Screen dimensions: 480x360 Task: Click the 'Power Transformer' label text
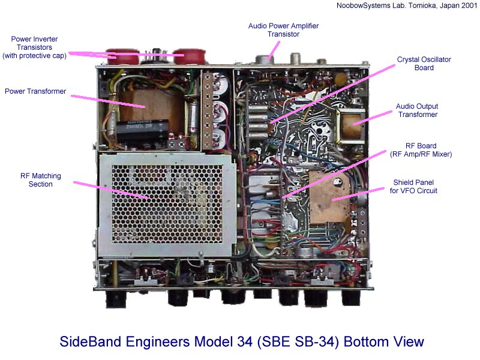(35, 91)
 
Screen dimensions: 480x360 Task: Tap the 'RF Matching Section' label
(41, 180)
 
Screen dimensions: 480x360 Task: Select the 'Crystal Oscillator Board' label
(424, 64)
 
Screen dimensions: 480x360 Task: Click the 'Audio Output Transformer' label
(417, 110)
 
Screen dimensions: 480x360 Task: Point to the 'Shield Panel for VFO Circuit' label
(413, 187)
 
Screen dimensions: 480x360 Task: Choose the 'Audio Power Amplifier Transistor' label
(283, 29)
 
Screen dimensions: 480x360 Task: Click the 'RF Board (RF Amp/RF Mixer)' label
(421, 149)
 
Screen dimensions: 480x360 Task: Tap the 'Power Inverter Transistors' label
(34, 47)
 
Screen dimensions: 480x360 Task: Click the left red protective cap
(122, 56)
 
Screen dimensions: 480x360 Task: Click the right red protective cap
(190, 56)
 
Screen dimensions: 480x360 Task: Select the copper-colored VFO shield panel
(329, 197)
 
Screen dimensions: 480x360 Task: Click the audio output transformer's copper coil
(352, 126)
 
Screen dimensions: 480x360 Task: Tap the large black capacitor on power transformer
(142, 130)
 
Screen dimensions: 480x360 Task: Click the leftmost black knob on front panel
(116, 299)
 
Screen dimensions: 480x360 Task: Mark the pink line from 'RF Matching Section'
(112, 190)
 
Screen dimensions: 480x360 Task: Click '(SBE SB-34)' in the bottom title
(298, 342)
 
